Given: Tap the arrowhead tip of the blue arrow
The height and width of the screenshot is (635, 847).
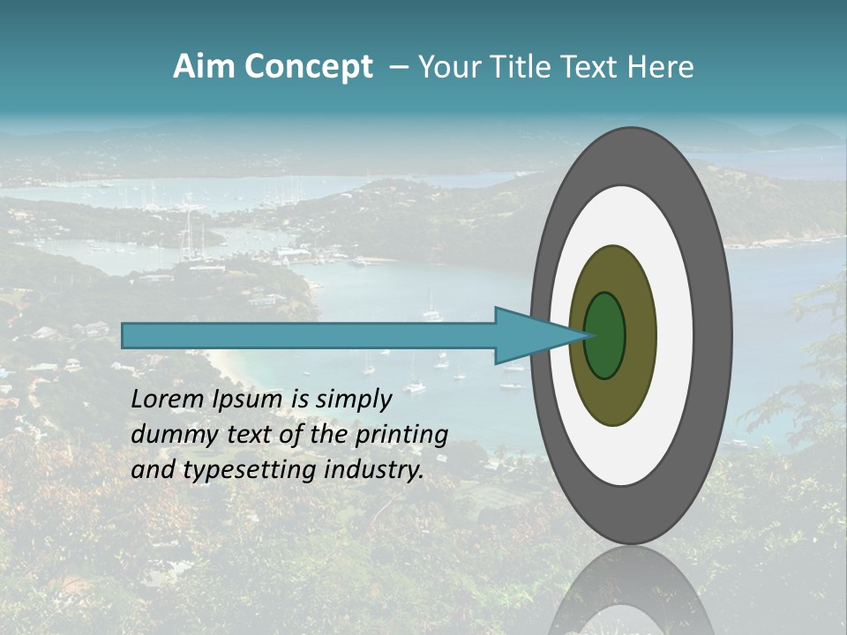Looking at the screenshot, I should tap(589, 335).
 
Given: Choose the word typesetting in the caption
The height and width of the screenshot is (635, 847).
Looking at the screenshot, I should tap(237, 470).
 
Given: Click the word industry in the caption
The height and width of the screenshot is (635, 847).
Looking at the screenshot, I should tap(372, 470).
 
